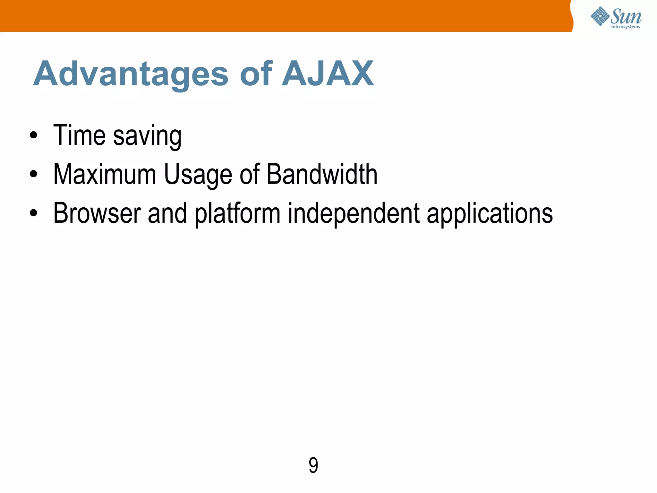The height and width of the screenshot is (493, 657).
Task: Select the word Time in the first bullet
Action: [x=79, y=135]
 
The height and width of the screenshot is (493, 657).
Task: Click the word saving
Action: [x=147, y=137]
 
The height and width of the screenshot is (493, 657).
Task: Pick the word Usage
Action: [x=198, y=175]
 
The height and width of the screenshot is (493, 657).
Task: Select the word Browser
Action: [x=97, y=213]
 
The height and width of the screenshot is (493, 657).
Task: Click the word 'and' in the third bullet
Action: [x=167, y=213]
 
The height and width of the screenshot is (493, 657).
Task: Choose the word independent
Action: [x=354, y=214]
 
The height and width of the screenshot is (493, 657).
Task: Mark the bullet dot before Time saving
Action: [x=33, y=135]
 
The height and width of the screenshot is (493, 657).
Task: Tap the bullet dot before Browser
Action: [x=33, y=213]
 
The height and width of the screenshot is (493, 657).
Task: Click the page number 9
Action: [x=313, y=465]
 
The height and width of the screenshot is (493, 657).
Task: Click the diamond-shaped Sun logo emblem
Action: [x=600, y=16]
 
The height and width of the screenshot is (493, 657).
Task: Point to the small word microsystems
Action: [x=625, y=27]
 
